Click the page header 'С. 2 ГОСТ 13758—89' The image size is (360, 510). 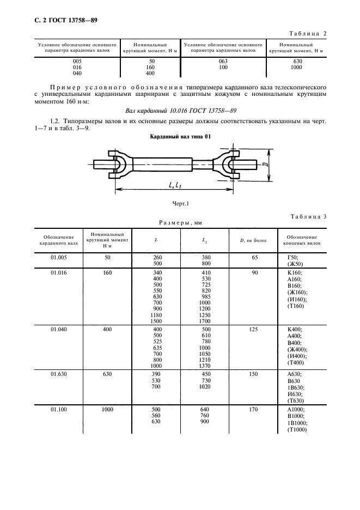(59, 21)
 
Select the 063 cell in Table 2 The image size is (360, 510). (222, 62)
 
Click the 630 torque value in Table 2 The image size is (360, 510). (297, 62)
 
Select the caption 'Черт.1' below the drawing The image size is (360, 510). (180, 203)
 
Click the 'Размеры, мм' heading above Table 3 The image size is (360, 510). (180, 222)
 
